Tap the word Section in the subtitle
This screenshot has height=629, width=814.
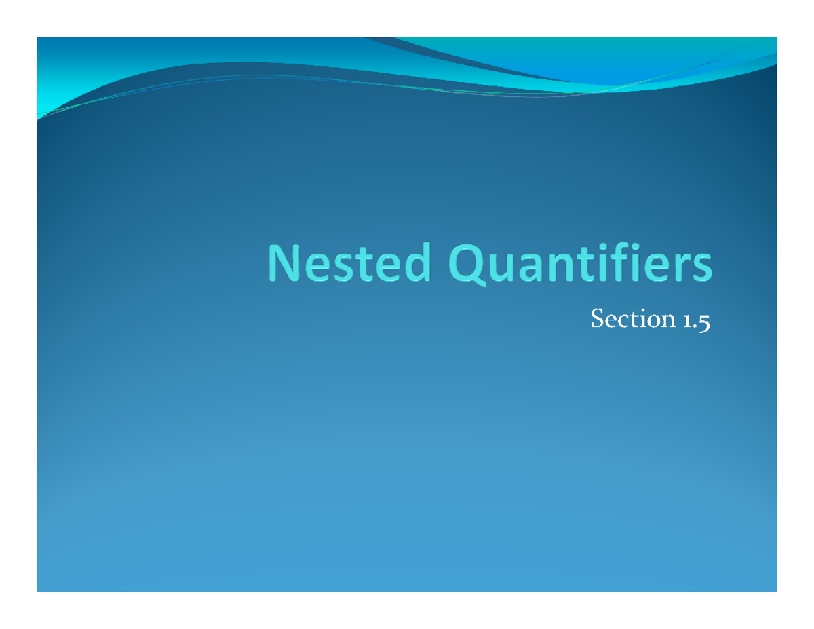pyautogui.click(x=630, y=319)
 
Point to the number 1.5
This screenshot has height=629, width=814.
pyautogui.click(x=694, y=320)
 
